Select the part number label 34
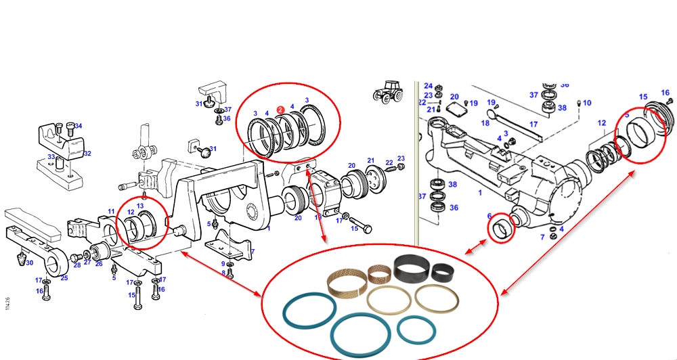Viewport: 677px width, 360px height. click(78, 126)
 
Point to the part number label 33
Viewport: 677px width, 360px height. click(51, 157)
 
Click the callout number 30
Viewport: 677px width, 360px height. click(29, 263)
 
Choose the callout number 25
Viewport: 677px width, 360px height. click(64, 278)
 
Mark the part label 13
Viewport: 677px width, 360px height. click(140, 206)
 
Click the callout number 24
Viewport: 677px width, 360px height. click(428, 86)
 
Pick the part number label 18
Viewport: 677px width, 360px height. click(485, 123)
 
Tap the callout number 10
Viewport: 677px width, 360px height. click(587, 103)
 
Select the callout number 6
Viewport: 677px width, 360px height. click(489, 217)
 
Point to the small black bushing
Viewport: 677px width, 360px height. click(444, 272)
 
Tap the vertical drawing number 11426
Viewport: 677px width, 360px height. click(7, 305)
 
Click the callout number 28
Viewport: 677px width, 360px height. click(77, 265)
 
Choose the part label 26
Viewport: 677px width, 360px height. click(99, 265)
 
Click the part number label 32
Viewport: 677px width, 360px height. click(87, 154)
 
